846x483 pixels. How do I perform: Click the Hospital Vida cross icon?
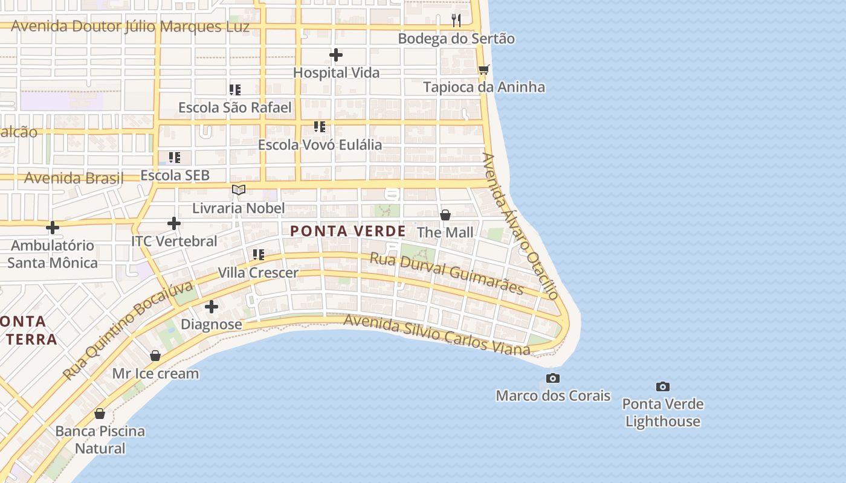pyautogui.click(x=336, y=56)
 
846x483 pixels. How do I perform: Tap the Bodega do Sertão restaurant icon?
pyautogui.click(x=456, y=21)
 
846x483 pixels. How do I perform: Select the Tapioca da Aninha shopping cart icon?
pyautogui.click(x=483, y=70)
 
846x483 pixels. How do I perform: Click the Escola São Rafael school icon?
pyautogui.click(x=235, y=90)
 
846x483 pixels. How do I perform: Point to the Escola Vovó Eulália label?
pyautogui.click(x=320, y=145)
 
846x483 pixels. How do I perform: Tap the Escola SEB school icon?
pyautogui.click(x=175, y=158)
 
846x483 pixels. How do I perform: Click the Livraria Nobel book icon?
pyautogui.click(x=239, y=190)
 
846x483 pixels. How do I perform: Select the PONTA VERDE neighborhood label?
pyautogui.click(x=347, y=231)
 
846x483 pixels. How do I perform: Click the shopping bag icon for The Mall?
pyautogui.click(x=445, y=215)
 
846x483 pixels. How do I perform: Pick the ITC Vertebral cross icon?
pyautogui.click(x=174, y=223)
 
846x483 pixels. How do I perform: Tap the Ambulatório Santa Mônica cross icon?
pyautogui.click(x=53, y=228)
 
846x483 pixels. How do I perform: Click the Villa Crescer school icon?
pyautogui.click(x=259, y=255)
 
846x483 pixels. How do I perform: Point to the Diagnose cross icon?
pyautogui.click(x=211, y=307)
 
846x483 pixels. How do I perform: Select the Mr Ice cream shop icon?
pyautogui.click(x=155, y=356)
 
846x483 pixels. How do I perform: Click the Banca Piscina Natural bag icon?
pyautogui.click(x=100, y=414)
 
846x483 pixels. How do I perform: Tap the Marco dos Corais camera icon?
pyautogui.click(x=552, y=379)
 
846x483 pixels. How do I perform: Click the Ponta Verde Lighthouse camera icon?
pyautogui.click(x=663, y=386)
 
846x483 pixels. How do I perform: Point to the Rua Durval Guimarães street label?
pyautogui.click(x=446, y=273)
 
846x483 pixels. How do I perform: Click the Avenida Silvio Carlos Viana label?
pyautogui.click(x=436, y=334)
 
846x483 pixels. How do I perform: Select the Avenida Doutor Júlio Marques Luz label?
pyautogui.click(x=130, y=27)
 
